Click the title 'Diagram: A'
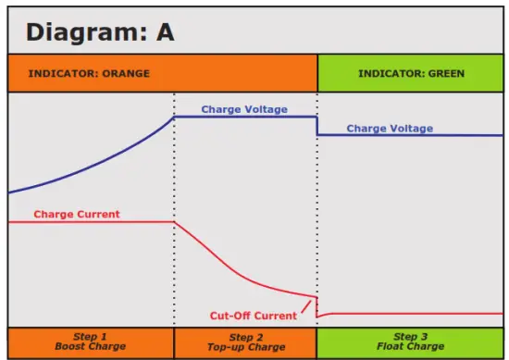point(100,31)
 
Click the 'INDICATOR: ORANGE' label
point(89,73)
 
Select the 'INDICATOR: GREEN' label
point(411,73)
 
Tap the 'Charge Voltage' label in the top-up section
point(244,109)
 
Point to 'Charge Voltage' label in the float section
point(390,129)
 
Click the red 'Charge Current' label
point(77,214)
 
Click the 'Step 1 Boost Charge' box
point(91,341)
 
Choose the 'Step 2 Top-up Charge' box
point(245,341)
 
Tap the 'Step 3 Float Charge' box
point(411,341)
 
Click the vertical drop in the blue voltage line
point(317,126)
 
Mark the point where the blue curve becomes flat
point(175,117)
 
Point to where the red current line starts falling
point(175,222)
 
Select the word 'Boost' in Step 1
point(71,347)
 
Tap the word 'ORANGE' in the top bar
point(127,73)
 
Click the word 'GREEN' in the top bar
point(446,73)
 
